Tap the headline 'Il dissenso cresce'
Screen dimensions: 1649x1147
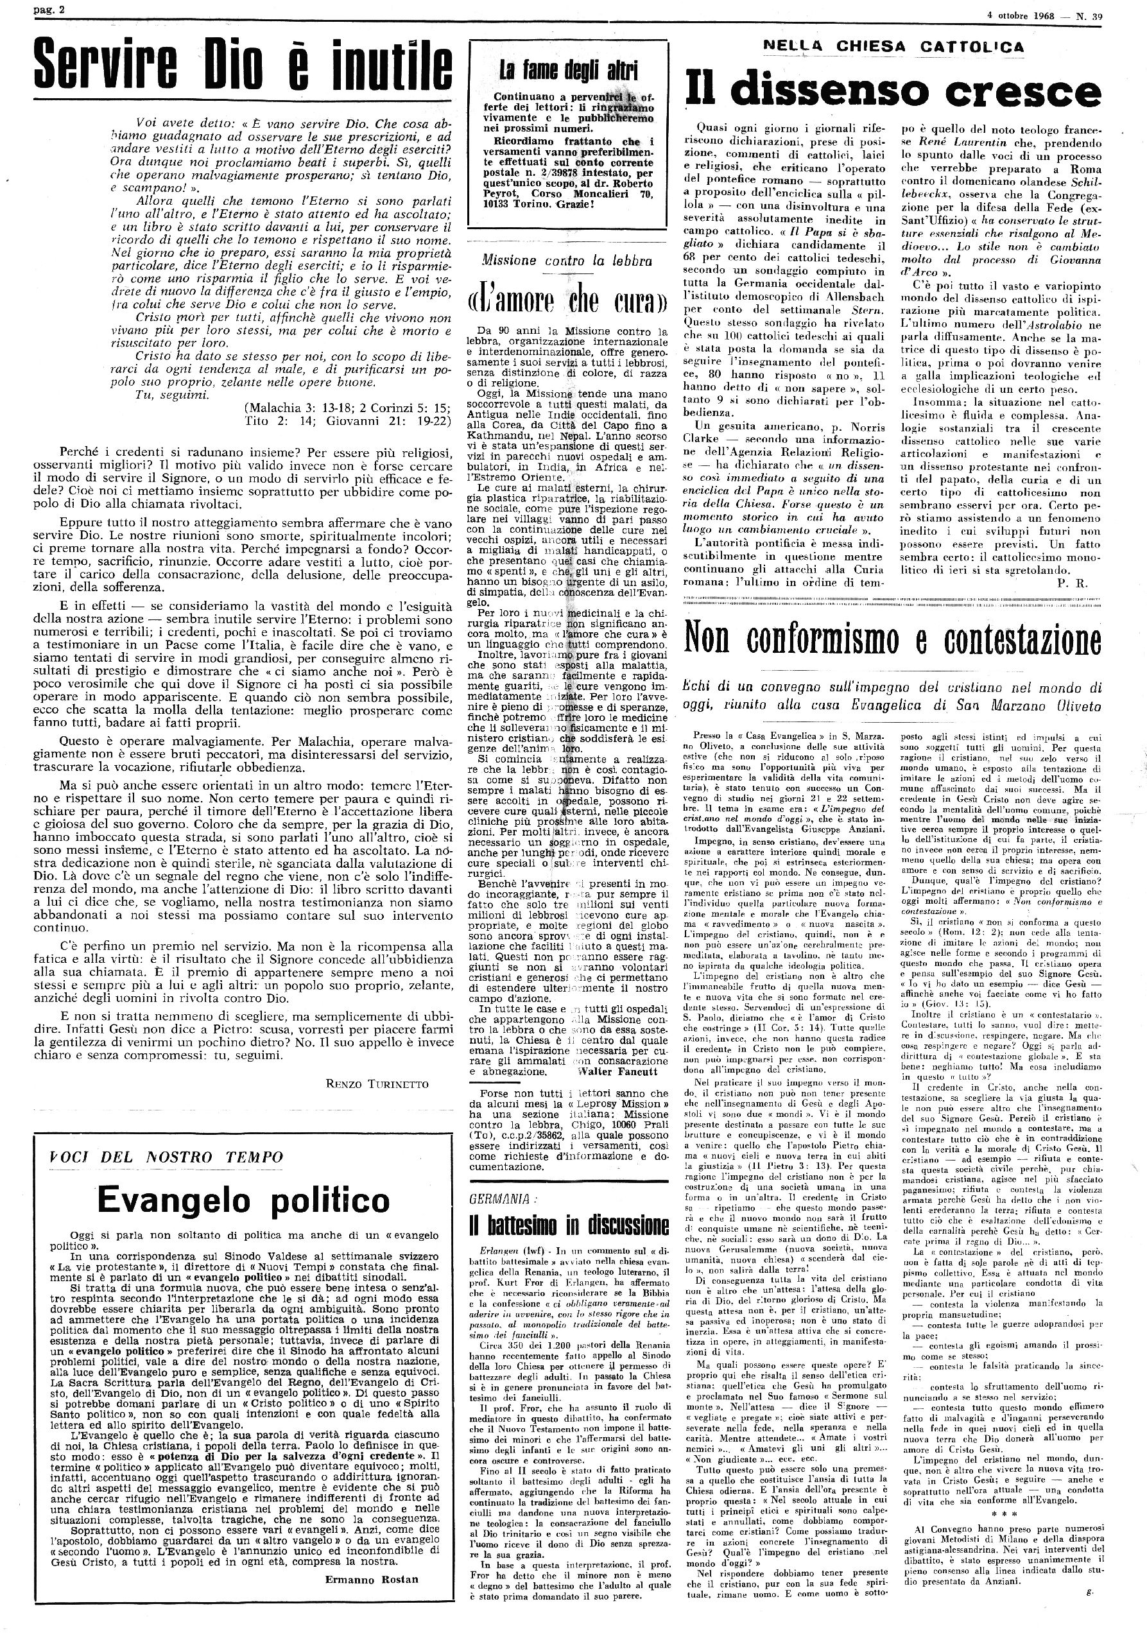(893, 91)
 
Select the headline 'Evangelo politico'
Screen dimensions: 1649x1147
(243, 1200)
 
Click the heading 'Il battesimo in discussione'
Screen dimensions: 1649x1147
(568, 1225)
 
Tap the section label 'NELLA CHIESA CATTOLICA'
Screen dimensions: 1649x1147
(893, 47)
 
